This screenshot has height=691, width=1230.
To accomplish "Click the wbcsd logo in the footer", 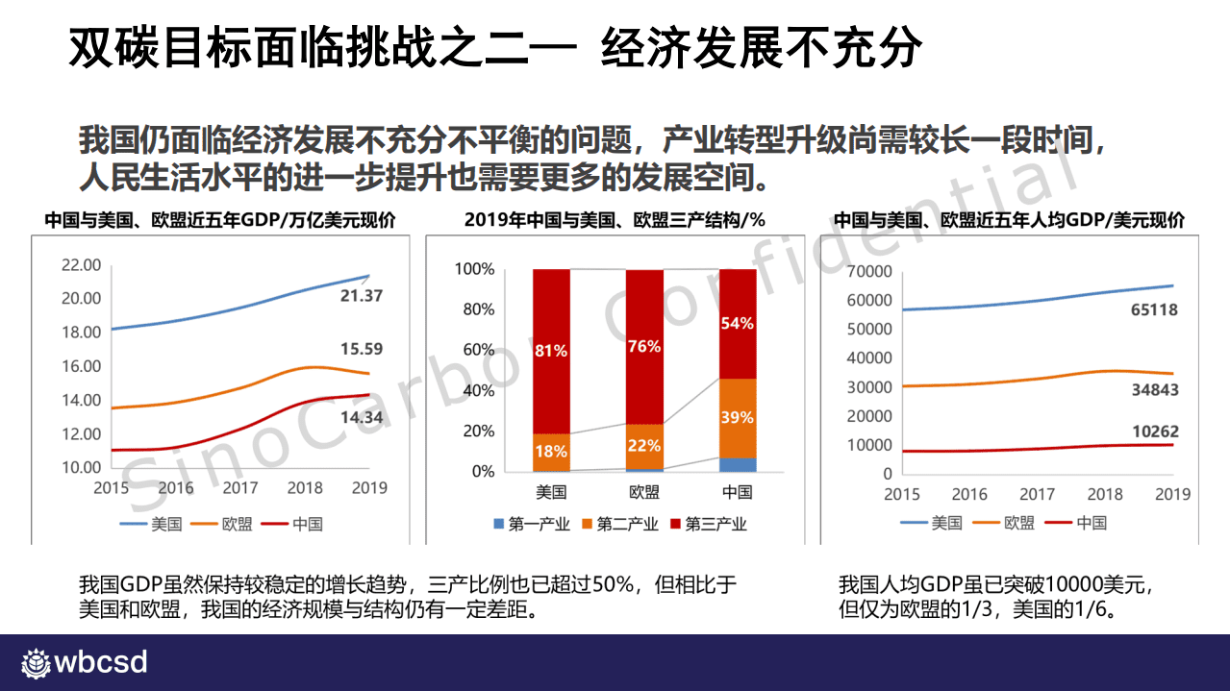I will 85,663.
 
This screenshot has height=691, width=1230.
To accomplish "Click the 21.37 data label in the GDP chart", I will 361,296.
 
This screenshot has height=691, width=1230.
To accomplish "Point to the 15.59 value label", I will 361,349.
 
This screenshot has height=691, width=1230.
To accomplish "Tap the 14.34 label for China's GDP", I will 361,417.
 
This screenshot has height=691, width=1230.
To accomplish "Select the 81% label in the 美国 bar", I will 551,352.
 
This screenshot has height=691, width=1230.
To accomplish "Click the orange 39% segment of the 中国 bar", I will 737,418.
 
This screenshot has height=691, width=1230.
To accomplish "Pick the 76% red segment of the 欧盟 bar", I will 644,346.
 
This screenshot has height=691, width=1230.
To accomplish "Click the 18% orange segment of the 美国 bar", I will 551,452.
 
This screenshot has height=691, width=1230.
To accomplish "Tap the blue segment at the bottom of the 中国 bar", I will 737,464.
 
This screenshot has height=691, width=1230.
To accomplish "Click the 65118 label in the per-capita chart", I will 1153,310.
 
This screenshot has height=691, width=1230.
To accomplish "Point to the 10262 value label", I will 1154,432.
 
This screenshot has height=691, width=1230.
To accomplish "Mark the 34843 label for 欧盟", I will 1154,390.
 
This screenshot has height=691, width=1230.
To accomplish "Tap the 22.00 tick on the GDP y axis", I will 82,264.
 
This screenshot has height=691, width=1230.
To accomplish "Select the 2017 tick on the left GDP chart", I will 240,488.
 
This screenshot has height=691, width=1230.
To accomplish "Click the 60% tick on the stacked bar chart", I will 478,350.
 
